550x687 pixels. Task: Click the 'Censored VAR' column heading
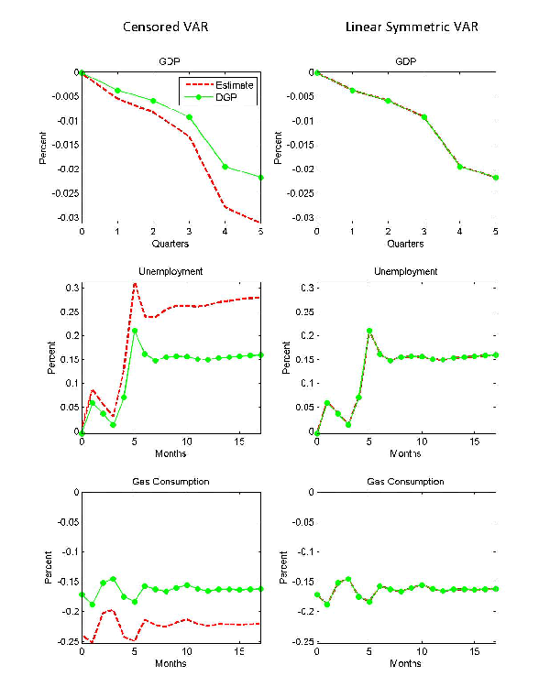coord(166,27)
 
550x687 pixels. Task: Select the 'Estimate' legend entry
coord(236,85)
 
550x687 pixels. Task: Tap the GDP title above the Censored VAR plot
coord(171,61)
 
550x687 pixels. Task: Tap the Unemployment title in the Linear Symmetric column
coord(406,271)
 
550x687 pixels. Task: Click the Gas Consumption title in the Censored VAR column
coord(171,481)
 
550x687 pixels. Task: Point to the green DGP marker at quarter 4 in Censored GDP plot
coord(225,167)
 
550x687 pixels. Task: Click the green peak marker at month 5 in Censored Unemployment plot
coord(135,331)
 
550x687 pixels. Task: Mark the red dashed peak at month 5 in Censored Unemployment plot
coord(135,283)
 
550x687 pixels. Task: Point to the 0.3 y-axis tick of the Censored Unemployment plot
coord(70,288)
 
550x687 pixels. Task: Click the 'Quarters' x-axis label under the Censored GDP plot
coord(171,245)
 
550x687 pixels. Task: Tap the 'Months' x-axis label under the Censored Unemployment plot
coord(171,453)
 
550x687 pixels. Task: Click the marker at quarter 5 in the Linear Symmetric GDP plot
coord(496,178)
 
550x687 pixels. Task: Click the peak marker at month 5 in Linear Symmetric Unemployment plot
coord(369,331)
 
